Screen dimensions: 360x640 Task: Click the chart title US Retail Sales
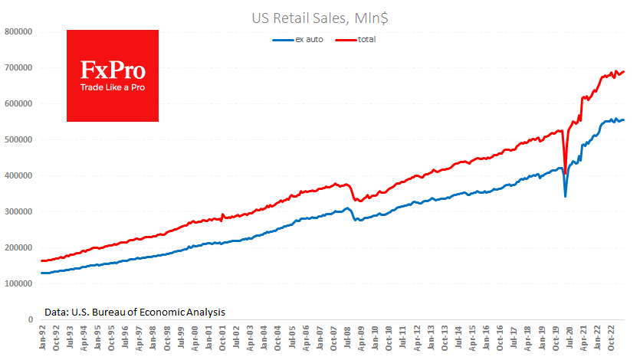320,15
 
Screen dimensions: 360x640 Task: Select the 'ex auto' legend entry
309,38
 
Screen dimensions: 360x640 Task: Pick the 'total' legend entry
366,38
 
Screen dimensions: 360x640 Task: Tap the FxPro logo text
113,70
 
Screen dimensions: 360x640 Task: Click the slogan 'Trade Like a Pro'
113,87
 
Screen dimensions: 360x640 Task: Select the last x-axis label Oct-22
612,338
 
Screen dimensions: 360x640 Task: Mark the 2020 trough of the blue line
566,196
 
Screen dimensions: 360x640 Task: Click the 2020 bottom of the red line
566,162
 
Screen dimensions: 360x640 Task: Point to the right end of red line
625,72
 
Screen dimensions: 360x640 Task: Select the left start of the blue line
41,273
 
